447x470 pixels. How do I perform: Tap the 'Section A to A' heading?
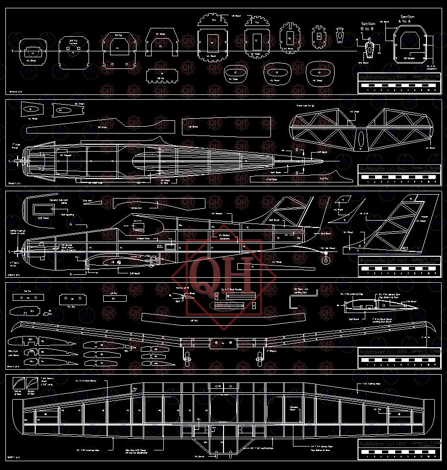pyautogui.click(x=407, y=19)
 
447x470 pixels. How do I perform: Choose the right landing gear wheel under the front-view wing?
pyautogui.click(x=259, y=360)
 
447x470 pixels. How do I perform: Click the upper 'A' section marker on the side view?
pyautogui.click(x=71, y=223)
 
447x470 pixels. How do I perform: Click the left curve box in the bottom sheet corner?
pyautogui.click(x=19, y=382)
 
